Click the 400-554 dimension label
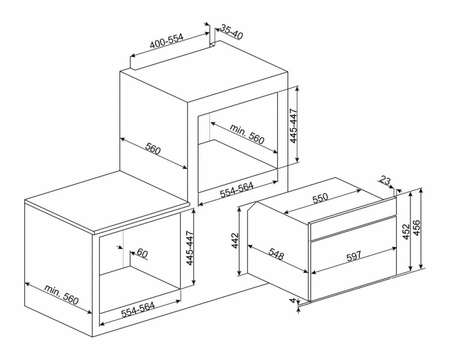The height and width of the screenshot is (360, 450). click(x=167, y=41)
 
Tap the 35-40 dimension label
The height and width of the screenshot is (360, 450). click(x=232, y=32)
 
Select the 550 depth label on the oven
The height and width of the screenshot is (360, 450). click(x=320, y=198)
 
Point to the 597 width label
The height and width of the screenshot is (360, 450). click(x=353, y=256)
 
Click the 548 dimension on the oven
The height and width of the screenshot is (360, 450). click(x=276, y=253)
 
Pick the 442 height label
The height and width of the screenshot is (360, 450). click(x=235, y=241)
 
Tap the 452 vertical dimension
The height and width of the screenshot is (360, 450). click(x=405, y=231)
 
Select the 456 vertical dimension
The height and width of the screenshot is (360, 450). click(x=416, y=228)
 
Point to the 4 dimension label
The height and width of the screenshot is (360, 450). click(x=292, y=300)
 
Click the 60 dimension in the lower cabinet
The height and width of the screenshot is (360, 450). click(x=142, y=253)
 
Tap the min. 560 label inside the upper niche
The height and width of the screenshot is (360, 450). click(x=247, y=134)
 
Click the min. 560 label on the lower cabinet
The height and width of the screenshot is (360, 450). click(x=61, y=295)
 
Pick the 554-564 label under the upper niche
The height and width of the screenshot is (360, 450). click(x=237, y=190)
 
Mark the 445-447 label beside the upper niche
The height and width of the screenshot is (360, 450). click(x=294, y=125)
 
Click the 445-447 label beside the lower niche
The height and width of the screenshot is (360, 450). click(x=190, y=248)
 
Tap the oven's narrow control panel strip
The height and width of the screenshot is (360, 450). click(x=353, y=228)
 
